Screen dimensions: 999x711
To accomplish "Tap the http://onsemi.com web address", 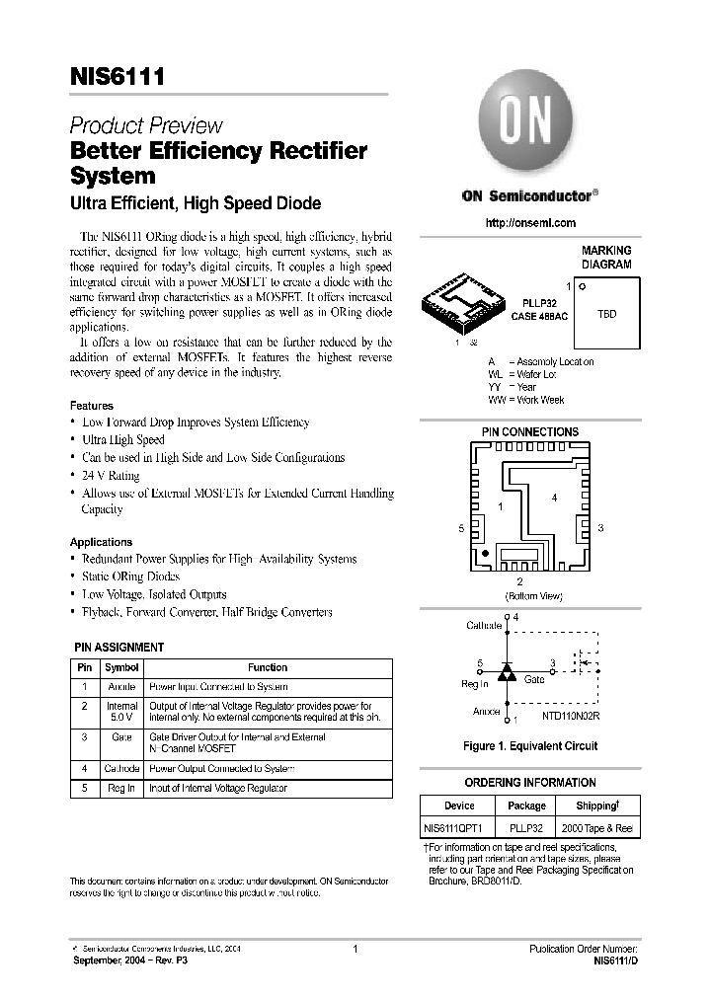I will [x=530, y=223].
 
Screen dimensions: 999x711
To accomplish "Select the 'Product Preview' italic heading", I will [x=145, y=126].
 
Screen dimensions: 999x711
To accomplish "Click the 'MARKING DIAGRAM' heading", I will [x=605, y=258].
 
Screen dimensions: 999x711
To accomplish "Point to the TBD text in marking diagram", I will [x=606, y=314].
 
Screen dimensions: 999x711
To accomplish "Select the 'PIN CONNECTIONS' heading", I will [x=529, y=432].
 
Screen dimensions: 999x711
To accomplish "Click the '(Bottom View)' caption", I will [x=533, y=596].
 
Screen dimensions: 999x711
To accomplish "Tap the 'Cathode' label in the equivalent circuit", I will [x=483, y=625].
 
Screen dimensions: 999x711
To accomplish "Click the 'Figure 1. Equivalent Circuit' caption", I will [x=530, y=746].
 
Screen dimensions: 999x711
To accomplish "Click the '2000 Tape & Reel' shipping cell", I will [x=595, y=830].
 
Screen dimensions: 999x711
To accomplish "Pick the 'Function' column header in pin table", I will [x=268, y=667].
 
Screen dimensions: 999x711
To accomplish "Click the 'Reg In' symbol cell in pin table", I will [x=121, y=788].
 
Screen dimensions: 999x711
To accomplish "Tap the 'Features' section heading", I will [x=91, y=406].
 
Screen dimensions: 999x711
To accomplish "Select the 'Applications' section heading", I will [x=101, y=542].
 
